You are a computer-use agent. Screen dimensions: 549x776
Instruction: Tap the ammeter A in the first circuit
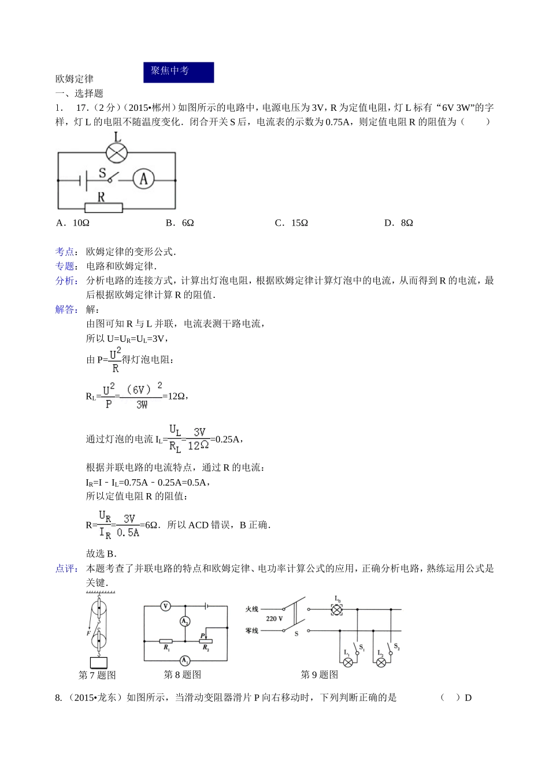144,179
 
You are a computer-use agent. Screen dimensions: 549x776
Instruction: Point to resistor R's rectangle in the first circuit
103,207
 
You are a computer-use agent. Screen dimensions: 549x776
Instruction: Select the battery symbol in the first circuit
83,180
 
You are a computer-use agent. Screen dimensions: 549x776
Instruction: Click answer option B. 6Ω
180,223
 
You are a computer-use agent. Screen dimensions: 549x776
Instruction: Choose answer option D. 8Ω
399,223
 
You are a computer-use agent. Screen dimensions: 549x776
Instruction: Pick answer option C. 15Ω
291,223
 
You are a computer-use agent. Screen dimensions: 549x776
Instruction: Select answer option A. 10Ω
73,223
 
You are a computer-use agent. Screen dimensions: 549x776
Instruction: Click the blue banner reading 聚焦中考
179,72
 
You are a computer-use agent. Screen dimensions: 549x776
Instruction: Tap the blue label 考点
65,252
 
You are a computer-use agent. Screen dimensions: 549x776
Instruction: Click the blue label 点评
65,569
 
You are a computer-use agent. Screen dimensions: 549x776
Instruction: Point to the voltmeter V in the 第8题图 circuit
166,606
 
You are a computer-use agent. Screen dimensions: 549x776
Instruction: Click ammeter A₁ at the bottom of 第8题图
184,660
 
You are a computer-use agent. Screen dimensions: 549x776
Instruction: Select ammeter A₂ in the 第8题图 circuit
185,621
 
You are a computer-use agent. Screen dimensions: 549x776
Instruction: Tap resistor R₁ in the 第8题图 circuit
166,641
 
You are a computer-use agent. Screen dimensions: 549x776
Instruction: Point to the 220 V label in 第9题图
274,618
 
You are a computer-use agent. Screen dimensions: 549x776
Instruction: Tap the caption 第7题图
97,675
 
